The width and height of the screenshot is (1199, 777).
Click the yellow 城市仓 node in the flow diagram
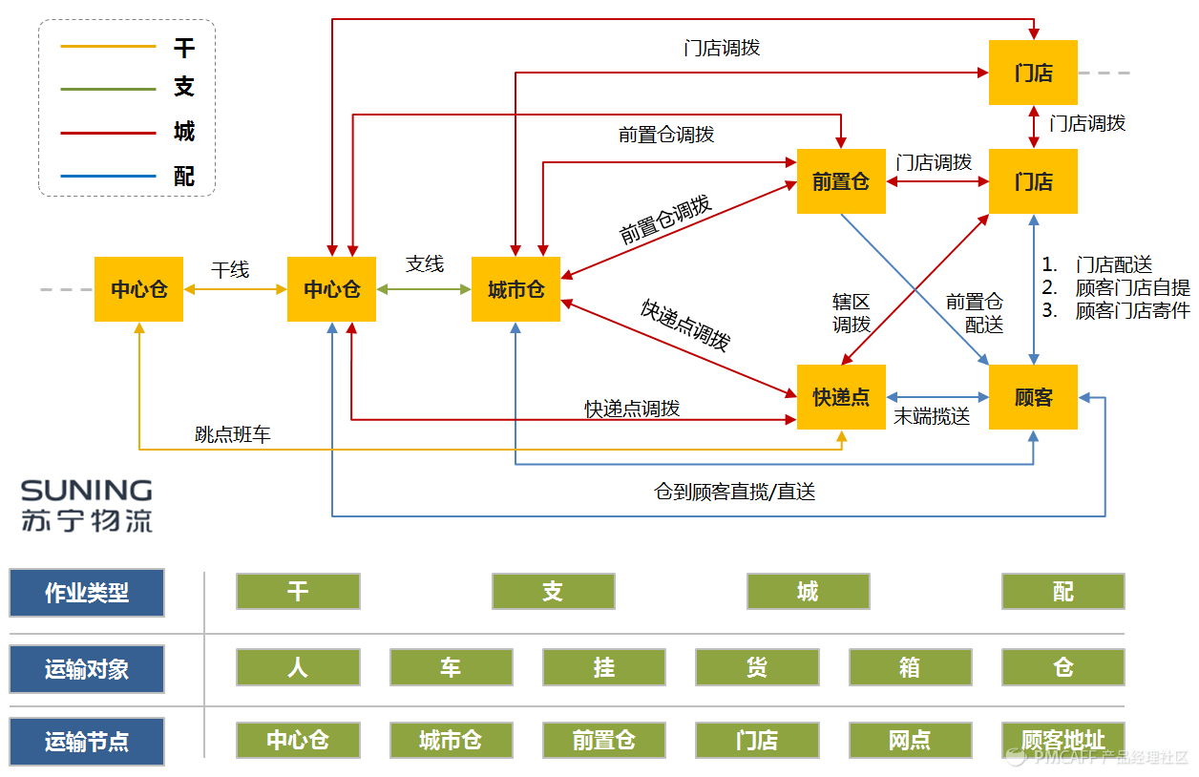(515, 289)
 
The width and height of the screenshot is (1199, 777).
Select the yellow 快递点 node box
(841, 397)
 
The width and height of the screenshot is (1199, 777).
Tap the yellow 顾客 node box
(1033, 397)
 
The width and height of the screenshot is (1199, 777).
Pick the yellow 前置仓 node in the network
(841, 181)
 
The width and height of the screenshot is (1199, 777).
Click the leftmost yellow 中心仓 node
(138, 289)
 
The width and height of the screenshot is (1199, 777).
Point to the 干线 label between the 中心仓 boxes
(230, 270)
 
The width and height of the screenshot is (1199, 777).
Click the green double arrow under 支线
(424, 289)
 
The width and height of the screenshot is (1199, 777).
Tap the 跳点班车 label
(233, 434)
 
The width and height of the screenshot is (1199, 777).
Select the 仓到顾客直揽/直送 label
(734, 492)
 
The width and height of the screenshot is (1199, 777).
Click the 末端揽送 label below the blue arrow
(932, 416)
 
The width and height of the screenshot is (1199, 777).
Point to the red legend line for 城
(108, 133)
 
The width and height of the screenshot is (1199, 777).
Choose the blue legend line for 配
(108, 176)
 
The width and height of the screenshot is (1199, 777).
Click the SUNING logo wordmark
(87, 491)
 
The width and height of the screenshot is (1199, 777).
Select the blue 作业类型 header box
(87, 593)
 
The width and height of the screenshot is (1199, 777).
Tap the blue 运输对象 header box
(87, 669)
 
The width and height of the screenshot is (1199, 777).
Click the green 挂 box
(603, 667)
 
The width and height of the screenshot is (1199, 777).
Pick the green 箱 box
(910, 667)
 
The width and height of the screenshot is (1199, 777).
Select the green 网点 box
(910, 740)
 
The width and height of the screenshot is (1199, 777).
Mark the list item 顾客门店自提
(1132, 288)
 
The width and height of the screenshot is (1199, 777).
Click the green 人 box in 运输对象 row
(298, 667)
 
